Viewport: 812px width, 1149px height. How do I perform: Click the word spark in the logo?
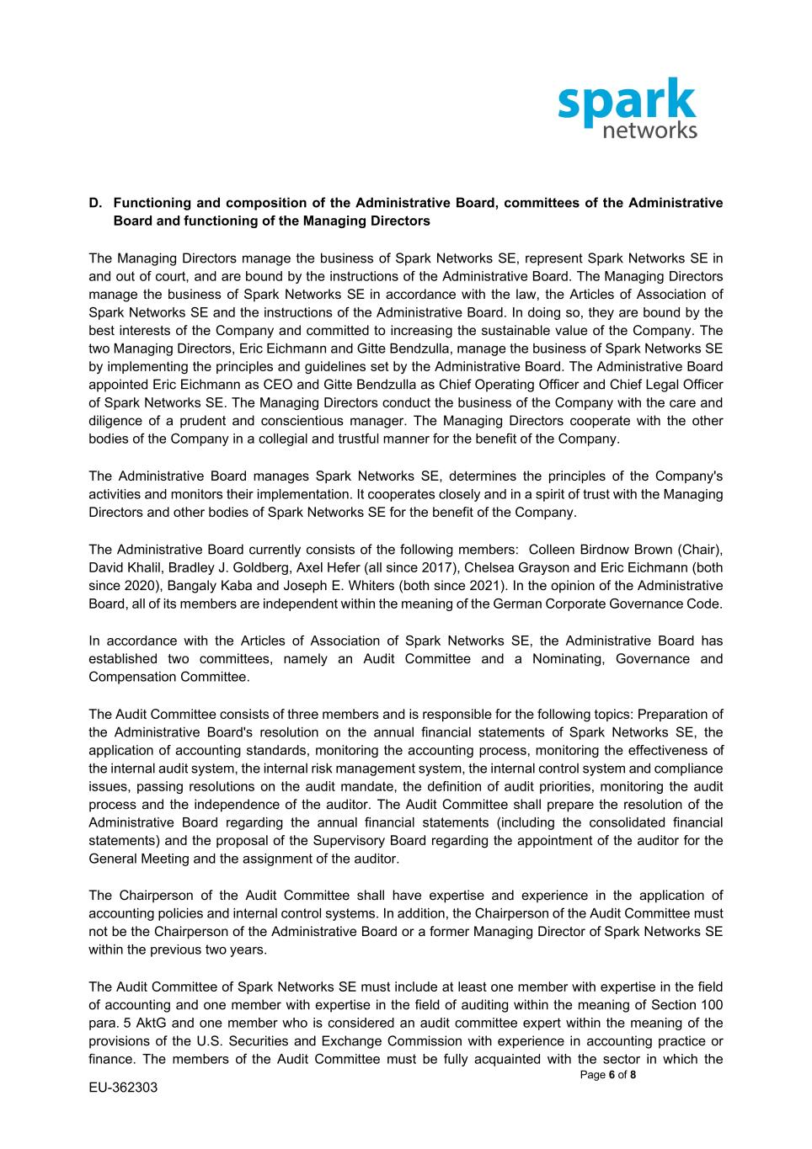click(627, 103)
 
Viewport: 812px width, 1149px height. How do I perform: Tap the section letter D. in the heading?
click(96, 203)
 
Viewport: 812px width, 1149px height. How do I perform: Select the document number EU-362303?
click(123, 1088)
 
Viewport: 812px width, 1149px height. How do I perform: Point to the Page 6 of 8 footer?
click(608, 1075)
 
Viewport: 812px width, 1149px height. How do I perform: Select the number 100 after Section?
click(711, 1005)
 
